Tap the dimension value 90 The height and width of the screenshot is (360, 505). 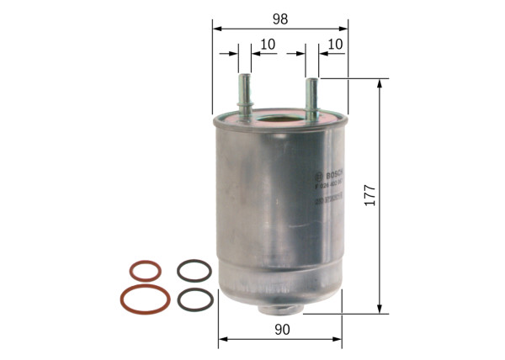click(x=281, y=330)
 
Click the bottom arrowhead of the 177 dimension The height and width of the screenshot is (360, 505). click(x=380, y=310)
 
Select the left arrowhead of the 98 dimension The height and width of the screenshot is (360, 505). click(x=215, y=28)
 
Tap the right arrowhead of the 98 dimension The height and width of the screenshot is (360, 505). click(x=345, y=28)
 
